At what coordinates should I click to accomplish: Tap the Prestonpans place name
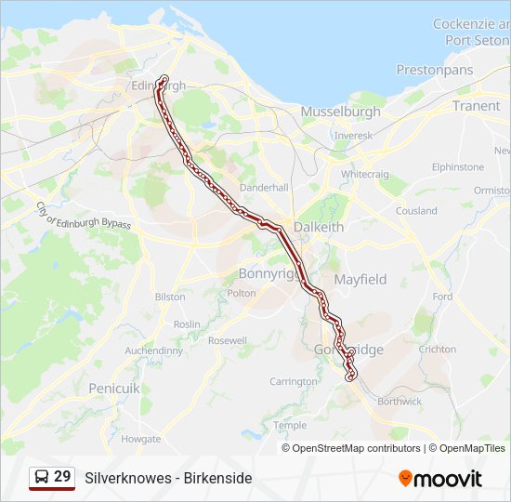[434, 70]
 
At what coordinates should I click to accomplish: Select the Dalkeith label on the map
[318, 227]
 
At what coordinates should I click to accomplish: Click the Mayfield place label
[360, 279]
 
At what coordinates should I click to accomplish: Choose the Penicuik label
[113, 387]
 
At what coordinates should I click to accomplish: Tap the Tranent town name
[476, 106]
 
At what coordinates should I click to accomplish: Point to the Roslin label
[187, 324]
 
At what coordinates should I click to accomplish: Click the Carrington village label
[294, 381]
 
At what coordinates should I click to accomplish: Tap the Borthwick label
[400, 402]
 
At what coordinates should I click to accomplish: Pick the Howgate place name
[140, 438]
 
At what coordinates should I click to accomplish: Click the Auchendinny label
[154, 350]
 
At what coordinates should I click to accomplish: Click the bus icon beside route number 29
[42, 477]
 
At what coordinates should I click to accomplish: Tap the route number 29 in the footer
[62, 476]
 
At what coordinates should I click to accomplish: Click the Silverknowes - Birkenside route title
[168, 478]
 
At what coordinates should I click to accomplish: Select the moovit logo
[440, 478]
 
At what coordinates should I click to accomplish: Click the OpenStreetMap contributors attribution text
[356, 448]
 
